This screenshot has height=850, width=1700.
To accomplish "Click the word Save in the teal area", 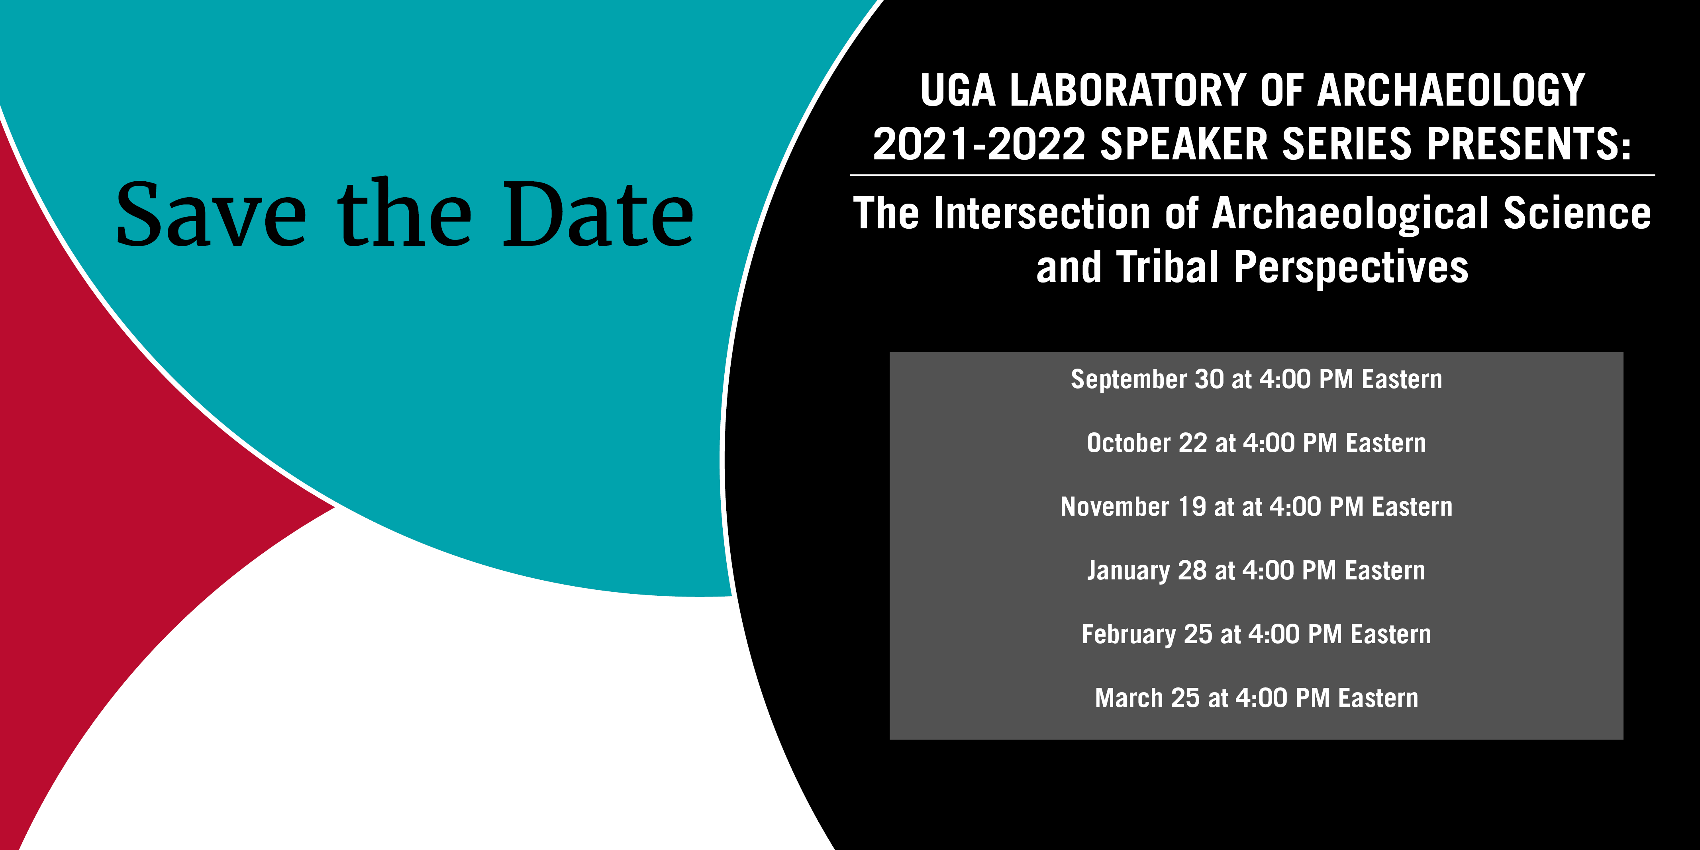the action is (x=211, y=214).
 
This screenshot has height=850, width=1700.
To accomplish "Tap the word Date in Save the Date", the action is (x=598, y=214).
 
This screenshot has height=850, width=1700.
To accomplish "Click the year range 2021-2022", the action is (x=979, y=144).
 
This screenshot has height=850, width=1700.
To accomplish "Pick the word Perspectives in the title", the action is (x=1351, y=268).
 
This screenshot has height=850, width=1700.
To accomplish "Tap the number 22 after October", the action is (x=1192, y=443).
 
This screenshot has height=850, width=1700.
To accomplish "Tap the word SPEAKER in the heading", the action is (x=1184, y=144).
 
